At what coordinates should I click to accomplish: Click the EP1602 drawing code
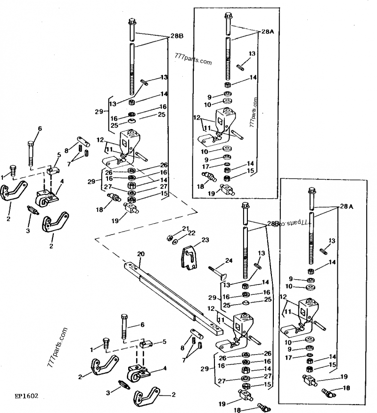pos(26,396)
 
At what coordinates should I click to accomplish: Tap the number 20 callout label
pos(141,254)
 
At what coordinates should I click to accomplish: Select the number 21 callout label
pos(186,228)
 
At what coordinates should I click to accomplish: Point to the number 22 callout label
pos(192,233)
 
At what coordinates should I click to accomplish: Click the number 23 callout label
pos(205,240)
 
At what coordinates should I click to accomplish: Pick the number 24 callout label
pos(229,260)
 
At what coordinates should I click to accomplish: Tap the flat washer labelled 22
pos(174,242)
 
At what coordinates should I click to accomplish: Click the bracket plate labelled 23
pos(189,257)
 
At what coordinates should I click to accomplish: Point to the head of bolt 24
pos(223,277)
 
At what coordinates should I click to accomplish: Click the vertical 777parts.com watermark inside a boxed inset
pos(254,113)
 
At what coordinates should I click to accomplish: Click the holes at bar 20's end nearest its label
pos(132,266)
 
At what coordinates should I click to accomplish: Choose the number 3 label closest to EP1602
pos(108,393)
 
